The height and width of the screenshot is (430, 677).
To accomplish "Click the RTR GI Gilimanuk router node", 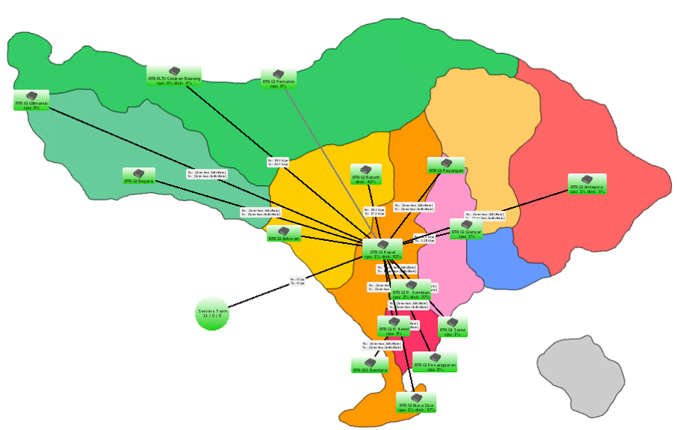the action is [x=31, y=101].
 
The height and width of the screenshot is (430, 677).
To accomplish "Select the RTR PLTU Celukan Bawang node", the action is [x=174, y=75].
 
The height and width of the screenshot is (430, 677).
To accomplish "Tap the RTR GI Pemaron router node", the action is [x=278, y=78].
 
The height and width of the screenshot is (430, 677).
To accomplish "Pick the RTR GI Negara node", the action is [x=139, y=176].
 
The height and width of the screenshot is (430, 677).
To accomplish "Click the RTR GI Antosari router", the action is [x=283, y=234].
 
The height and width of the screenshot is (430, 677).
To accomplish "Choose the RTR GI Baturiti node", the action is [x=366, y=174].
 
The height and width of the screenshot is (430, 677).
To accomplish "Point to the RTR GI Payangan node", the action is [x=446, y=166].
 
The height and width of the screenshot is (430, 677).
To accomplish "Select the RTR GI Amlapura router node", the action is [x=587, y=185].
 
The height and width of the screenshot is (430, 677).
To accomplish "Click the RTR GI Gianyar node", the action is [x=466, y=228].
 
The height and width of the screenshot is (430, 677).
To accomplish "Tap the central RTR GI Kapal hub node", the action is [x=383, y=249].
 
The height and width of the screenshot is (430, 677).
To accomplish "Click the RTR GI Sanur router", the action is [x=453, y=326].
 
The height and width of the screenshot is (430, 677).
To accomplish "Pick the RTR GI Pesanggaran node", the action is [x=435, y=362].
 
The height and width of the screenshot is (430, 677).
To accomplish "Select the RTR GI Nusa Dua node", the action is [x=417, y=402].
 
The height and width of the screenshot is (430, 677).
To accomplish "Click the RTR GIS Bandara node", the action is [x=370, y=365].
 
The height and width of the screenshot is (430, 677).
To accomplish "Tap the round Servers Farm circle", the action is [x=212, y=312].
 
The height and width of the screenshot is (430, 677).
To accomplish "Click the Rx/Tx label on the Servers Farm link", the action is [x=298, y=281].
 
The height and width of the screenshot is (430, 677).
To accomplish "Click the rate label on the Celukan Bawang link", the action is [x=277, y=161].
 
